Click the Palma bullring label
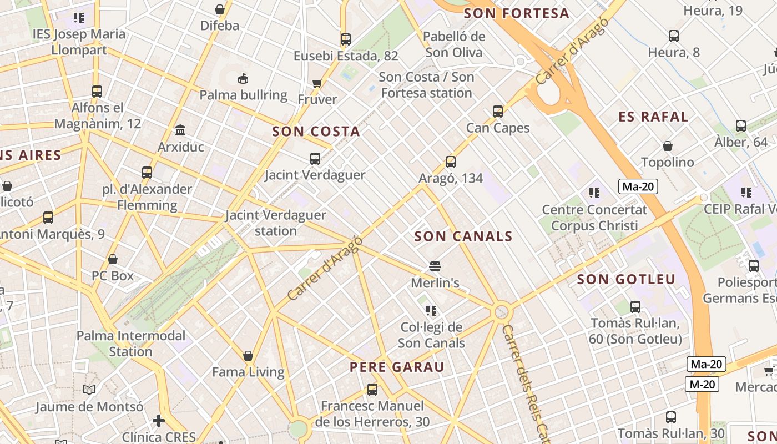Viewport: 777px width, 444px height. coord(243,95)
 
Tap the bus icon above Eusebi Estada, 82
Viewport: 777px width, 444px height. coord(346,39)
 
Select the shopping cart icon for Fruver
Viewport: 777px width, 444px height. coord(317,83)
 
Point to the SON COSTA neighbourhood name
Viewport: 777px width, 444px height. coord(316,132)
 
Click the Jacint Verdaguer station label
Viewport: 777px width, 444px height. coord(275,223)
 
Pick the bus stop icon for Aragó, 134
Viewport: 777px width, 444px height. coord(451,162)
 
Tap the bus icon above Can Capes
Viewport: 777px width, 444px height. coord(498,112)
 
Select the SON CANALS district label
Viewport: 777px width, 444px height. coord(463,236)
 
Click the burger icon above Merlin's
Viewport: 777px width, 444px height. coord(435,266)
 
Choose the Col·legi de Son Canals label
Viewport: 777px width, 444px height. coord(431,335)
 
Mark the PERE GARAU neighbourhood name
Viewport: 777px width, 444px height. coord(397,367)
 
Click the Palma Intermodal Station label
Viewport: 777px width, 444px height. coord(131,344)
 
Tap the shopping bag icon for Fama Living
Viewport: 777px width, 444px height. coord(248,356)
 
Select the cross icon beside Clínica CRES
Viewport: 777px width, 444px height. coord(159,421)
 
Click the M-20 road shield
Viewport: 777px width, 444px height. coord(702,384)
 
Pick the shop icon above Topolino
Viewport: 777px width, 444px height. coord(668,146)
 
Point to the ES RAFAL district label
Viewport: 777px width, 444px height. coord(653,117)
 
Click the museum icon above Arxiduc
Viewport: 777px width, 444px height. coord(180,130)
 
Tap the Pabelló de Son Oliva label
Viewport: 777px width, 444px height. coord(453,44)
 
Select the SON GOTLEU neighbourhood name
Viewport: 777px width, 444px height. coord(626,279)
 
